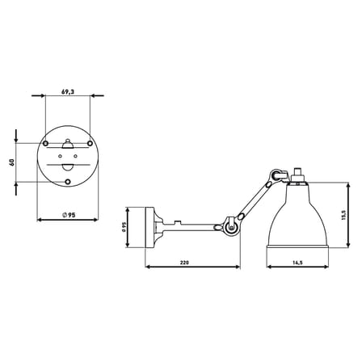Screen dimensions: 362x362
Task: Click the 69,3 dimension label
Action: (x=68, y=92)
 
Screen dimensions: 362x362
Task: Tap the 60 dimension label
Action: (x=12, y=162)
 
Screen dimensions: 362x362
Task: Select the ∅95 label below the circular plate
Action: (x=69, y=215)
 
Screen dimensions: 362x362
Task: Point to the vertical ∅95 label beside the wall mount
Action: (x=124, y=227)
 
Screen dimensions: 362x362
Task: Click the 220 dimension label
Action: (x=185, y=263)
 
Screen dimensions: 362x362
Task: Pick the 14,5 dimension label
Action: (x=297, y=263)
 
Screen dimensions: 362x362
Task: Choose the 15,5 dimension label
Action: (x=343, y=215)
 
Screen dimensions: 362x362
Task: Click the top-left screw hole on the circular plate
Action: (x=46, y=143)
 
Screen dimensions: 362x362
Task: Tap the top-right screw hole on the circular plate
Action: (x=90, y=143)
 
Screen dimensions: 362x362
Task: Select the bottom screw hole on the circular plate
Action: (x=68, y=182)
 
